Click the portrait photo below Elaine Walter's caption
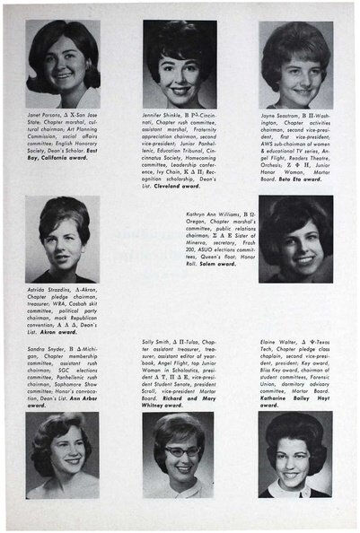coord(295,455)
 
